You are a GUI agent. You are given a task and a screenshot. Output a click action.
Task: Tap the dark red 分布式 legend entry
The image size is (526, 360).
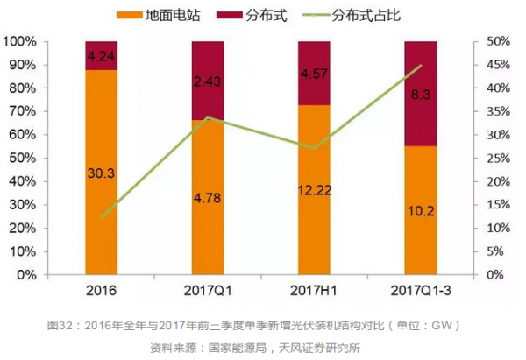pos(261,15)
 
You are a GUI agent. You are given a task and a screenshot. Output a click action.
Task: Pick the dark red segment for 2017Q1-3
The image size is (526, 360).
pos(420,92)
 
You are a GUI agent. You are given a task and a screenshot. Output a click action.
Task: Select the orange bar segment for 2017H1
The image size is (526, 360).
pos(314,188)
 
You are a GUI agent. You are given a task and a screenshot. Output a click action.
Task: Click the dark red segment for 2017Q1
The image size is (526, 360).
pos(208,81)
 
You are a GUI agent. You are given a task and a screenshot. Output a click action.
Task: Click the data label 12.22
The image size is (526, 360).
pos(314,190)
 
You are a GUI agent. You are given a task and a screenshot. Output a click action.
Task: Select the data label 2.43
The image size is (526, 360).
pos(208,81)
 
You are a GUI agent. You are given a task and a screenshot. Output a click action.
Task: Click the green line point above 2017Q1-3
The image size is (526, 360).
pos(420,66)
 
